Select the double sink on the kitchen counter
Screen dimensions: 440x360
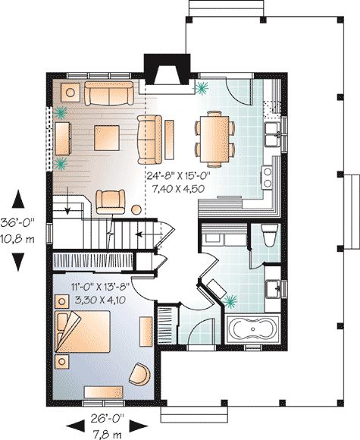click(274, 136)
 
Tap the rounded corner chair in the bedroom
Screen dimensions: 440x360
click(139, 373)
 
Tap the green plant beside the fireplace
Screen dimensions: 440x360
click(202, 88)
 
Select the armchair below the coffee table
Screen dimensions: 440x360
click(111, 201)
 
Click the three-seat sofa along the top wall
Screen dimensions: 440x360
click(108, 93)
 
